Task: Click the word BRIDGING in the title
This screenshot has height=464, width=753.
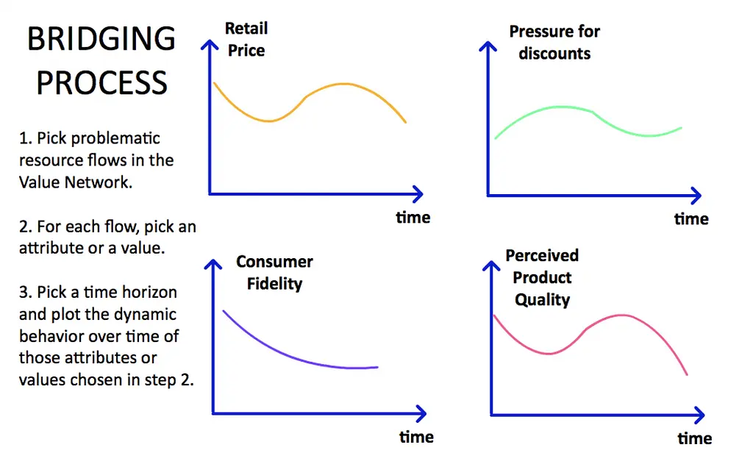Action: click(101, 39)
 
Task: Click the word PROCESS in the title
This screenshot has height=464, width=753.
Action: click(101, 82)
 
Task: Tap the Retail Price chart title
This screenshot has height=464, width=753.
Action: click(246, 40)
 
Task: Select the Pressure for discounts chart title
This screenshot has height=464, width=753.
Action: click(554, 42)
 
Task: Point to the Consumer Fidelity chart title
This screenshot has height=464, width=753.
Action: click(274, 272)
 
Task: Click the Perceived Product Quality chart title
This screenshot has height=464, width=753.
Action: click(542, 278)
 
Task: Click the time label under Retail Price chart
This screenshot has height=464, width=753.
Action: click(413, 218)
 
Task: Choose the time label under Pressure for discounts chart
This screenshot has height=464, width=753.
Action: click(691, 219)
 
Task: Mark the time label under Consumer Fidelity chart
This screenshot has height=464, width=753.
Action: click(416, 437)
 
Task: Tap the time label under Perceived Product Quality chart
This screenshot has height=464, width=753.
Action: click(695, 438)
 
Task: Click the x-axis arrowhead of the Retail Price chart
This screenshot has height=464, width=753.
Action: click(418, 194)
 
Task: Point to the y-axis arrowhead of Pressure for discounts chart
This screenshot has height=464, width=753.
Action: click(488, 46)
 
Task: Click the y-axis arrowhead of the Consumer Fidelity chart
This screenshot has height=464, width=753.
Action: click(213, 264)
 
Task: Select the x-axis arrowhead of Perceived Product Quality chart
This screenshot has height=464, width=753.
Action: click(700, 415)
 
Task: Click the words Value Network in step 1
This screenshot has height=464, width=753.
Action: click(75, 182)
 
